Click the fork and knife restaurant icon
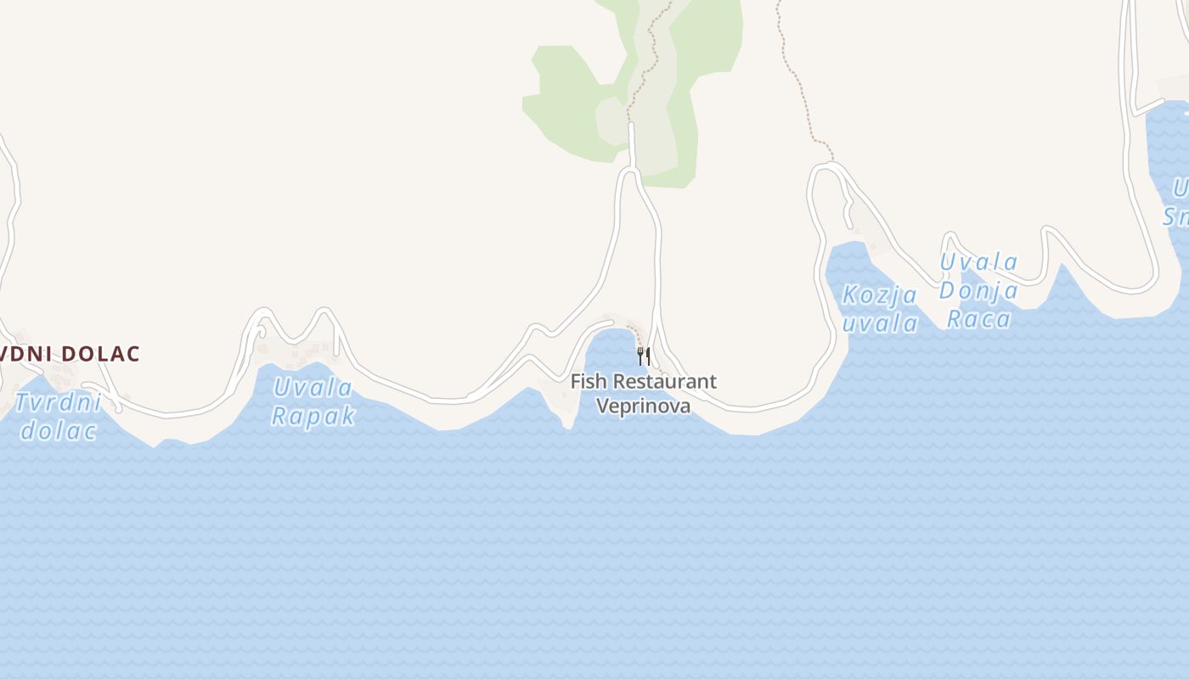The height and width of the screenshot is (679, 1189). click(x=644, y=356)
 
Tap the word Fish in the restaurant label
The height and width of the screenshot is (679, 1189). click(x=588, y=382)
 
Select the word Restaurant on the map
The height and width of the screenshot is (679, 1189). click(x=664, y=382)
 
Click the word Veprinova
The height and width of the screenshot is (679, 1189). click(x=643, y=406)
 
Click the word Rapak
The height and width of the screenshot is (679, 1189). click(x=313, y=416)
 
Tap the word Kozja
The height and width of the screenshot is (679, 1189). click(x=879, y=296)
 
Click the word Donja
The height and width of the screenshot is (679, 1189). click(x=978, y=291)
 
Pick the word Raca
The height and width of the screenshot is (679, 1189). click(x=978, y=319)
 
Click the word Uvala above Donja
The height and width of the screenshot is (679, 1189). click(x=978, y=262)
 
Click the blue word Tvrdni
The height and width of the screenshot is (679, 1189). click(x=58, y=402)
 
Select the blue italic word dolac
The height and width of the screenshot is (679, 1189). click(x=58, y=430)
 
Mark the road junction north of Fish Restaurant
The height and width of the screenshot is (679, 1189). click(x=630, y=171)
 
